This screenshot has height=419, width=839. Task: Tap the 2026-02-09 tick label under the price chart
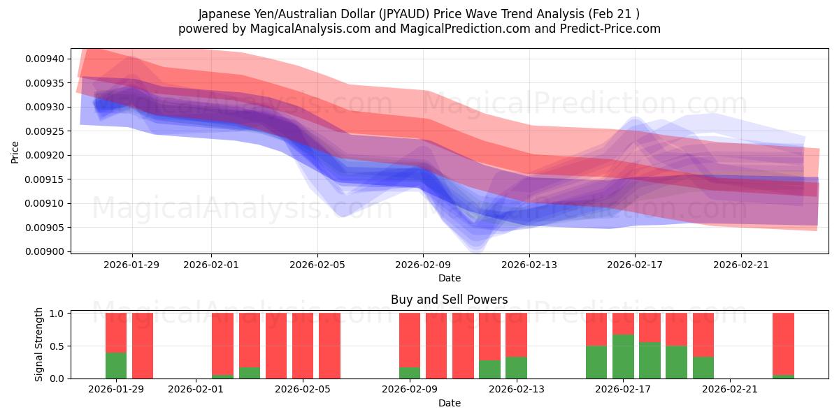[x=423, y=265]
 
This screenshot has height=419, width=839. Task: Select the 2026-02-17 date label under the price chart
[x=635, y=265]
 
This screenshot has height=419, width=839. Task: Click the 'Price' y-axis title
[x=15, y=151]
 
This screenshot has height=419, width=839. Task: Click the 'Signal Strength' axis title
[x=39, y=344]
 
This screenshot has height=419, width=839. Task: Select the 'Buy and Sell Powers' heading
[x=449, y=300]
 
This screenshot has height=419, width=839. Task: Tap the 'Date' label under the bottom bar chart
[x=449, y=403]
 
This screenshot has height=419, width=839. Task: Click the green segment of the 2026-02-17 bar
[x=623, y=356]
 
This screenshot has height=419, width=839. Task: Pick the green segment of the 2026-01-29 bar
[x=116, y=365]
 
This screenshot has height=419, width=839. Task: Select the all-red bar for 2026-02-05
[x=303, y=346]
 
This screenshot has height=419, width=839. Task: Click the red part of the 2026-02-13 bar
[x=516, y=335]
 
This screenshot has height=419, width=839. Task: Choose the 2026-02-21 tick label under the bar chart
[x=730, y=390]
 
